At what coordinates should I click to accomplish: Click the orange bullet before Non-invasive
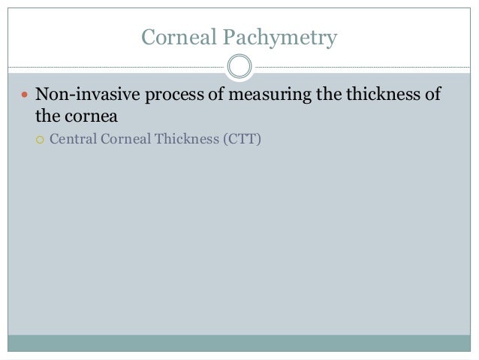(23, 96)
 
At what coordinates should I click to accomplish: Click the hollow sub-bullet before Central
(41, 139)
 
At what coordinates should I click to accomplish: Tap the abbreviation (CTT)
(240, 139)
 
